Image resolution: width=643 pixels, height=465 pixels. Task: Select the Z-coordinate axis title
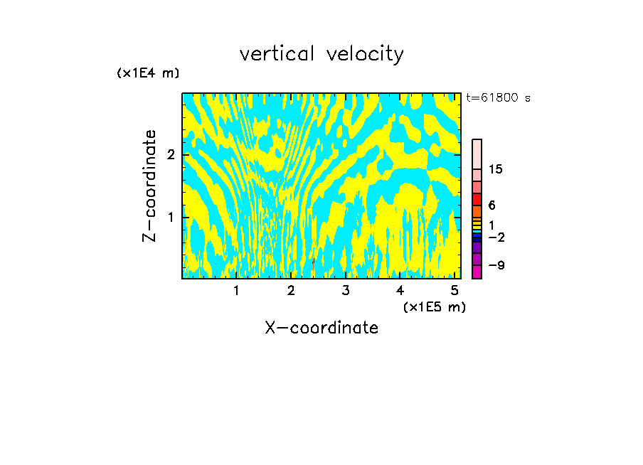(149, 186)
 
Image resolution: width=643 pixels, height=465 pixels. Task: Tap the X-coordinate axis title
(321, 328)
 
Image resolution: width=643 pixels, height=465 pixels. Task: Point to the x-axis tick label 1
(236, 291)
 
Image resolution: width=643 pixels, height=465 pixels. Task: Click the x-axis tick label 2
(291, 291)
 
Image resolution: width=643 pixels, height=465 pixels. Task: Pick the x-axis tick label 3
(345, 291)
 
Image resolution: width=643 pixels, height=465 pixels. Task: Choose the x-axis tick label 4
(400, 291)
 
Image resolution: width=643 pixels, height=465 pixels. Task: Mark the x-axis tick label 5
(454, 291)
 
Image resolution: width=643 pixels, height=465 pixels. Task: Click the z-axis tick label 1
(171, 217)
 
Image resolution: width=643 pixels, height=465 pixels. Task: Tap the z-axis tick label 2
(171, 155)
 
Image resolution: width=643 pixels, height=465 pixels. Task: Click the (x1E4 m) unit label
(148, 73)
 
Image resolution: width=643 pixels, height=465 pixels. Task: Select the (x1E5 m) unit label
(434, 306)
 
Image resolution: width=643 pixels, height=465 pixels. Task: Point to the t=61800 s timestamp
(498, 98)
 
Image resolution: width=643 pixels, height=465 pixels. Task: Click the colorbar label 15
(496, 169)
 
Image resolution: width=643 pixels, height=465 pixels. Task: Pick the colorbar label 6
(491, 205)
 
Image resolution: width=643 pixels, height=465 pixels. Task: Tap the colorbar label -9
(496, 265)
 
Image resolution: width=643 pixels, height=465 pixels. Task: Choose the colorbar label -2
(496, 237)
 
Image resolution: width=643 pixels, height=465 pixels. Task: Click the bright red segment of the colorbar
(477, 199)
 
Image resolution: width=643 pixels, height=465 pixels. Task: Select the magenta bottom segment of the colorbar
(477, 272)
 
